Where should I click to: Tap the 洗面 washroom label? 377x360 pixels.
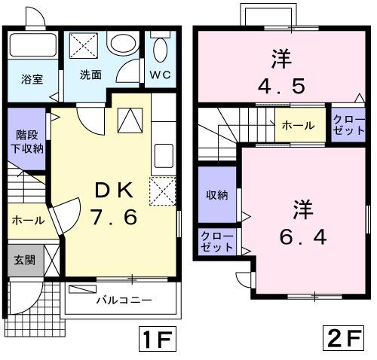pos(90,75)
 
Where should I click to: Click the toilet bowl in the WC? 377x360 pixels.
pos(160,49)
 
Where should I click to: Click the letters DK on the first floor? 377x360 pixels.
pos(113,189)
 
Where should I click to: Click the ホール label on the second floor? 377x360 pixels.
pos(298,127)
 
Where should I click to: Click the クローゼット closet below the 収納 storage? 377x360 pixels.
pos(216,242)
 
